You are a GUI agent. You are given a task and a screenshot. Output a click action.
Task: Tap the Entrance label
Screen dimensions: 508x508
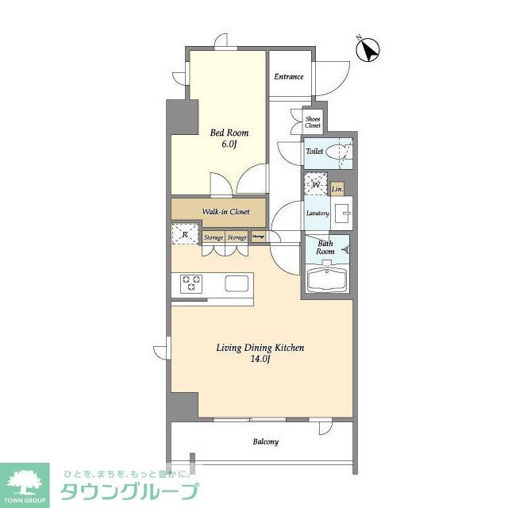pos(289,77)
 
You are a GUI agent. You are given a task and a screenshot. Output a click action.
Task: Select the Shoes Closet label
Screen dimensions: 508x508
pos(314,121)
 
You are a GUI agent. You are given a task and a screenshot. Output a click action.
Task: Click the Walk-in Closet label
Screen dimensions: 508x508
pos(225,212)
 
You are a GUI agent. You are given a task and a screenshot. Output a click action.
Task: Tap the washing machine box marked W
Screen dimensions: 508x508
pos(315,186)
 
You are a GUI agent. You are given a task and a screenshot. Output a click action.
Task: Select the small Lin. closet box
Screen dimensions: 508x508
pos(337,189)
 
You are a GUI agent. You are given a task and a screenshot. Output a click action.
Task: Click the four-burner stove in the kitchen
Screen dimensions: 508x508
pos(192,283)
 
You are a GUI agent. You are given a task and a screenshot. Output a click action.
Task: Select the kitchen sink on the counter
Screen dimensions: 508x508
pos(238,283)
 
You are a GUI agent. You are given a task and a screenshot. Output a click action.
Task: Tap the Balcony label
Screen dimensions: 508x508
pos(265,442)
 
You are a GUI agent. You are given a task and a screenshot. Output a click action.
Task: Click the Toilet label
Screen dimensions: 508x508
pos(314,150)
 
